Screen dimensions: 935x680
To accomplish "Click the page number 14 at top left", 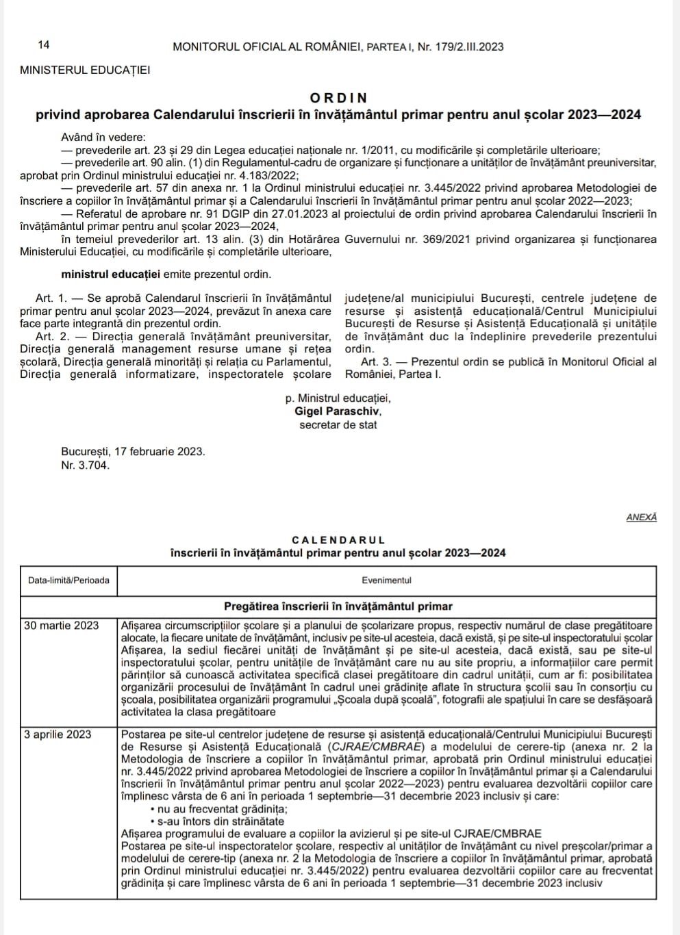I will [x=44, y=46].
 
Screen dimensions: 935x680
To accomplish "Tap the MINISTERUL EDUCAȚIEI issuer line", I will [x=85, y=70].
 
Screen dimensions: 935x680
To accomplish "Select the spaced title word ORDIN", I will [x=338, y=98].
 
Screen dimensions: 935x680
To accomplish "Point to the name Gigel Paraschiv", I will [x=338, y=411].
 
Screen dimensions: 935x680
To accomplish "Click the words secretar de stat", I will [x=338, y=425].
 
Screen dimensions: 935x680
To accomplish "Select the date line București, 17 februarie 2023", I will [x=133, y=452].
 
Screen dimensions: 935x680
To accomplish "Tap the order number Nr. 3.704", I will [x=85, y=465].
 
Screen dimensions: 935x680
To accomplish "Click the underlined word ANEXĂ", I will [x=641, y=517].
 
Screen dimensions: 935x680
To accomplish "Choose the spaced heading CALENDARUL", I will [x=338, y=540].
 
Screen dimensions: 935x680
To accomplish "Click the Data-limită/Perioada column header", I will [x=69, y=580].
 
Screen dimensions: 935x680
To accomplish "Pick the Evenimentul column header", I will [x=387, y=580].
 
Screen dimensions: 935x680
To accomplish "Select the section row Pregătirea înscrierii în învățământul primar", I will [x=338, y=606].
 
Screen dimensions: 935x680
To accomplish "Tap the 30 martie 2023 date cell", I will [x=61, y=626].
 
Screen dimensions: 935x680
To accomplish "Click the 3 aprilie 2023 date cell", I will [x=58, y=734].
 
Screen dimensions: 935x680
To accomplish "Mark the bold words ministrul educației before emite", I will [x=110, y=274].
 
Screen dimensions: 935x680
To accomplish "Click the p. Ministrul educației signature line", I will [x=338, y=398].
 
